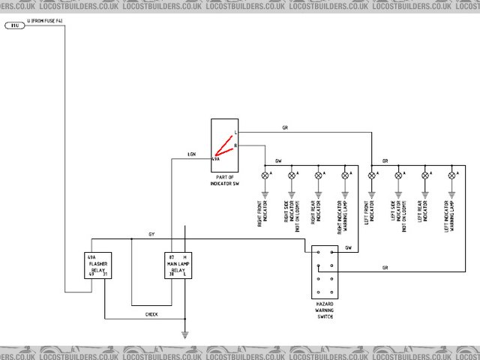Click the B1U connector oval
pyautogui.click(x=14, y=25)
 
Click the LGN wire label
pyautogui.click(x=192, y=154)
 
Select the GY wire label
pyautogui.click(x=151, y=235)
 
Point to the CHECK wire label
pyautogui.click(x=151, y=314)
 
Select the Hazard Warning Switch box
pyautogui.click(x=325, y=274)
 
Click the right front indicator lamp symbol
pyautogui.click(x=264, y=175)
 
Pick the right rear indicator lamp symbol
pyautogui.click(x=318, y=175)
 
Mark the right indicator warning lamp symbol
pyautogui.click(x=345, y=175)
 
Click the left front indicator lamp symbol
pyautogui.click(x=371, y=175)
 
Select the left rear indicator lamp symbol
pyautogui.click(x=425, y=175)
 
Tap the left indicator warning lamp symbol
pyautogui.click(x=452, y=175)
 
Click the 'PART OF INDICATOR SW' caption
pyautogui.click(x=225, y=181)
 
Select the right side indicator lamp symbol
pyautogui.click(x=291, y=175)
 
